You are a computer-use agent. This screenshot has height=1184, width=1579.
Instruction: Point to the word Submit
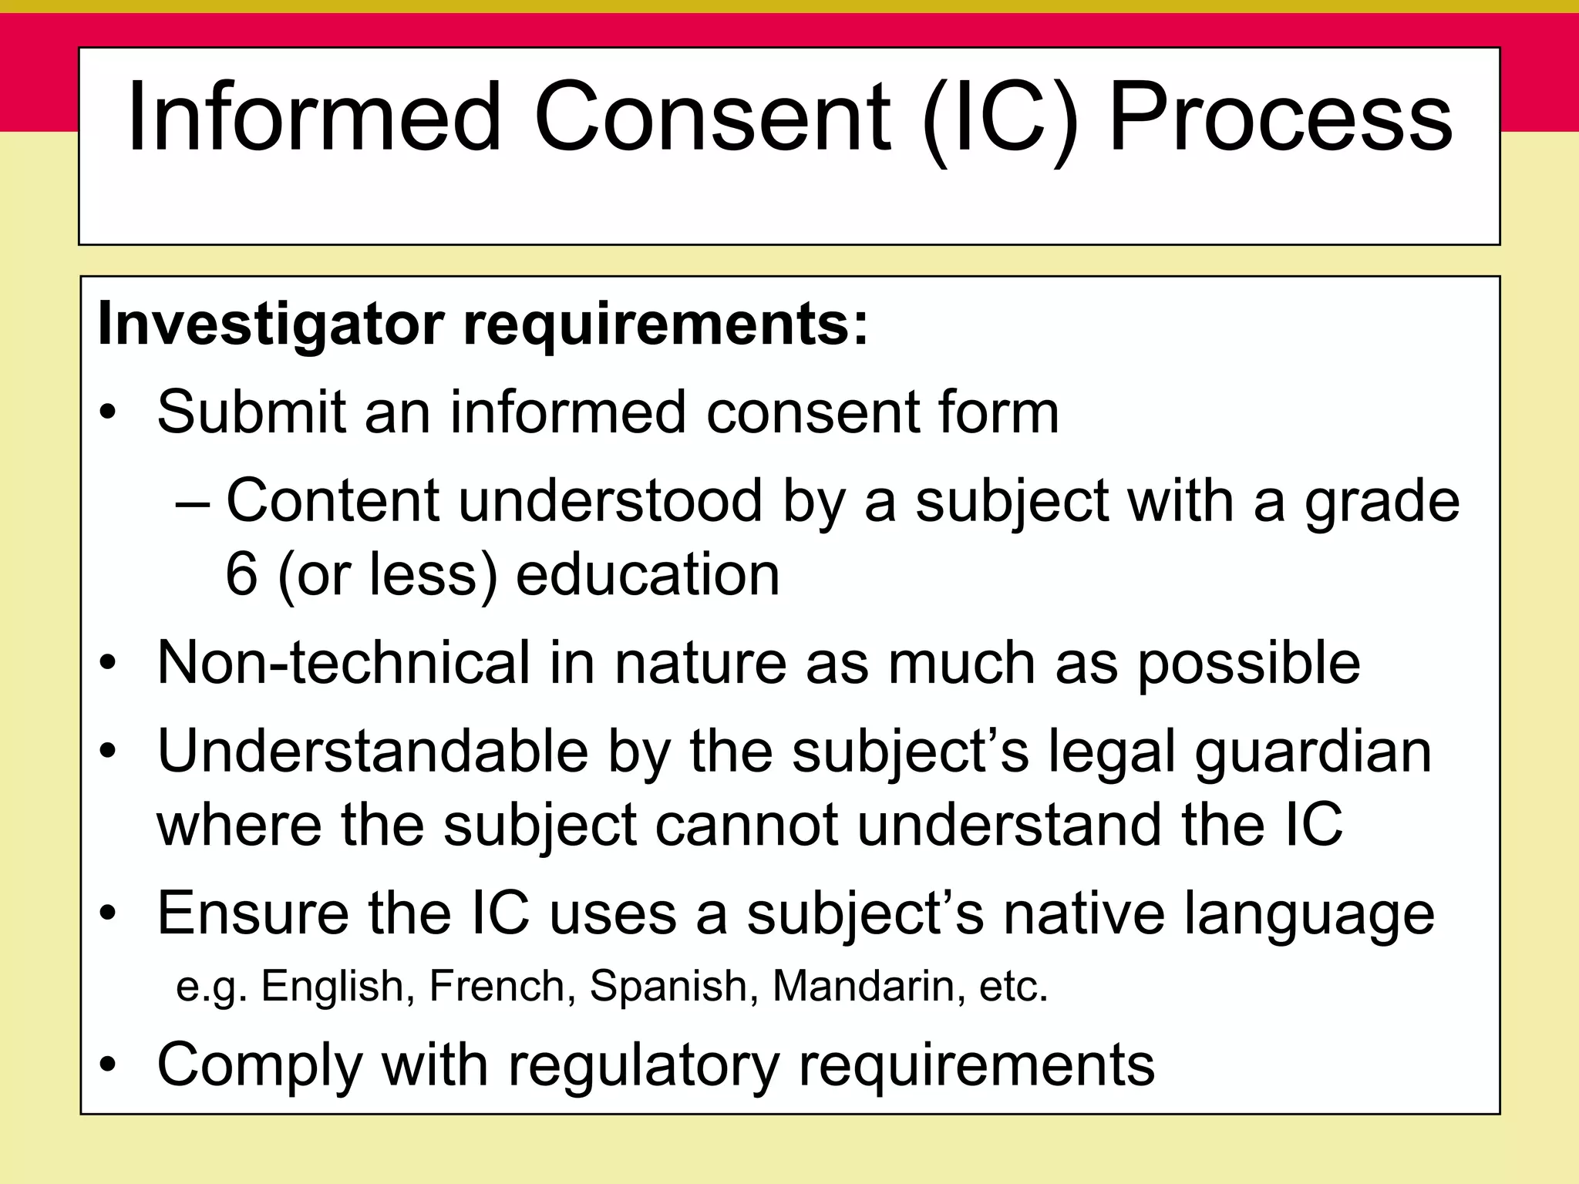[251, 412]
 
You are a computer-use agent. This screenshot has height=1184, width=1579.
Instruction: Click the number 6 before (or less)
[241, 574]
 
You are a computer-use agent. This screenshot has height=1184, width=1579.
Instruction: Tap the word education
[648, 574]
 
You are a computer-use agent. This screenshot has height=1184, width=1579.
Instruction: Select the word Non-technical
[344, 663]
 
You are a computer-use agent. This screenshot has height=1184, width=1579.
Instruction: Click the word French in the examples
[497, 987]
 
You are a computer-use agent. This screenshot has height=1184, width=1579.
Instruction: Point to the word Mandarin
[863, 987]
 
